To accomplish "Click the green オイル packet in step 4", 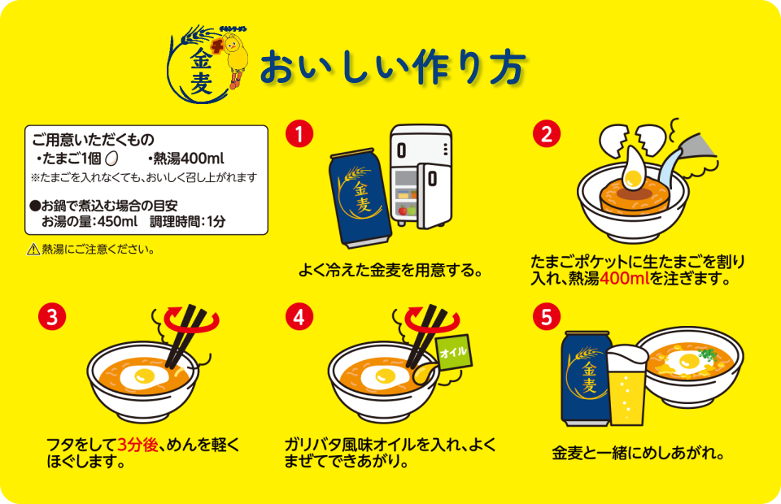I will pyautogui.click(x=453, y=353).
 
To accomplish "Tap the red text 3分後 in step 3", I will pyautogui.click(x=136, y=445).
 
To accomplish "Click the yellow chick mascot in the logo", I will pyautogui.click(x=237, y=58).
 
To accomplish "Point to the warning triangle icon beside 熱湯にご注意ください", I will pyautogui.click(x=33, y=250).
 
